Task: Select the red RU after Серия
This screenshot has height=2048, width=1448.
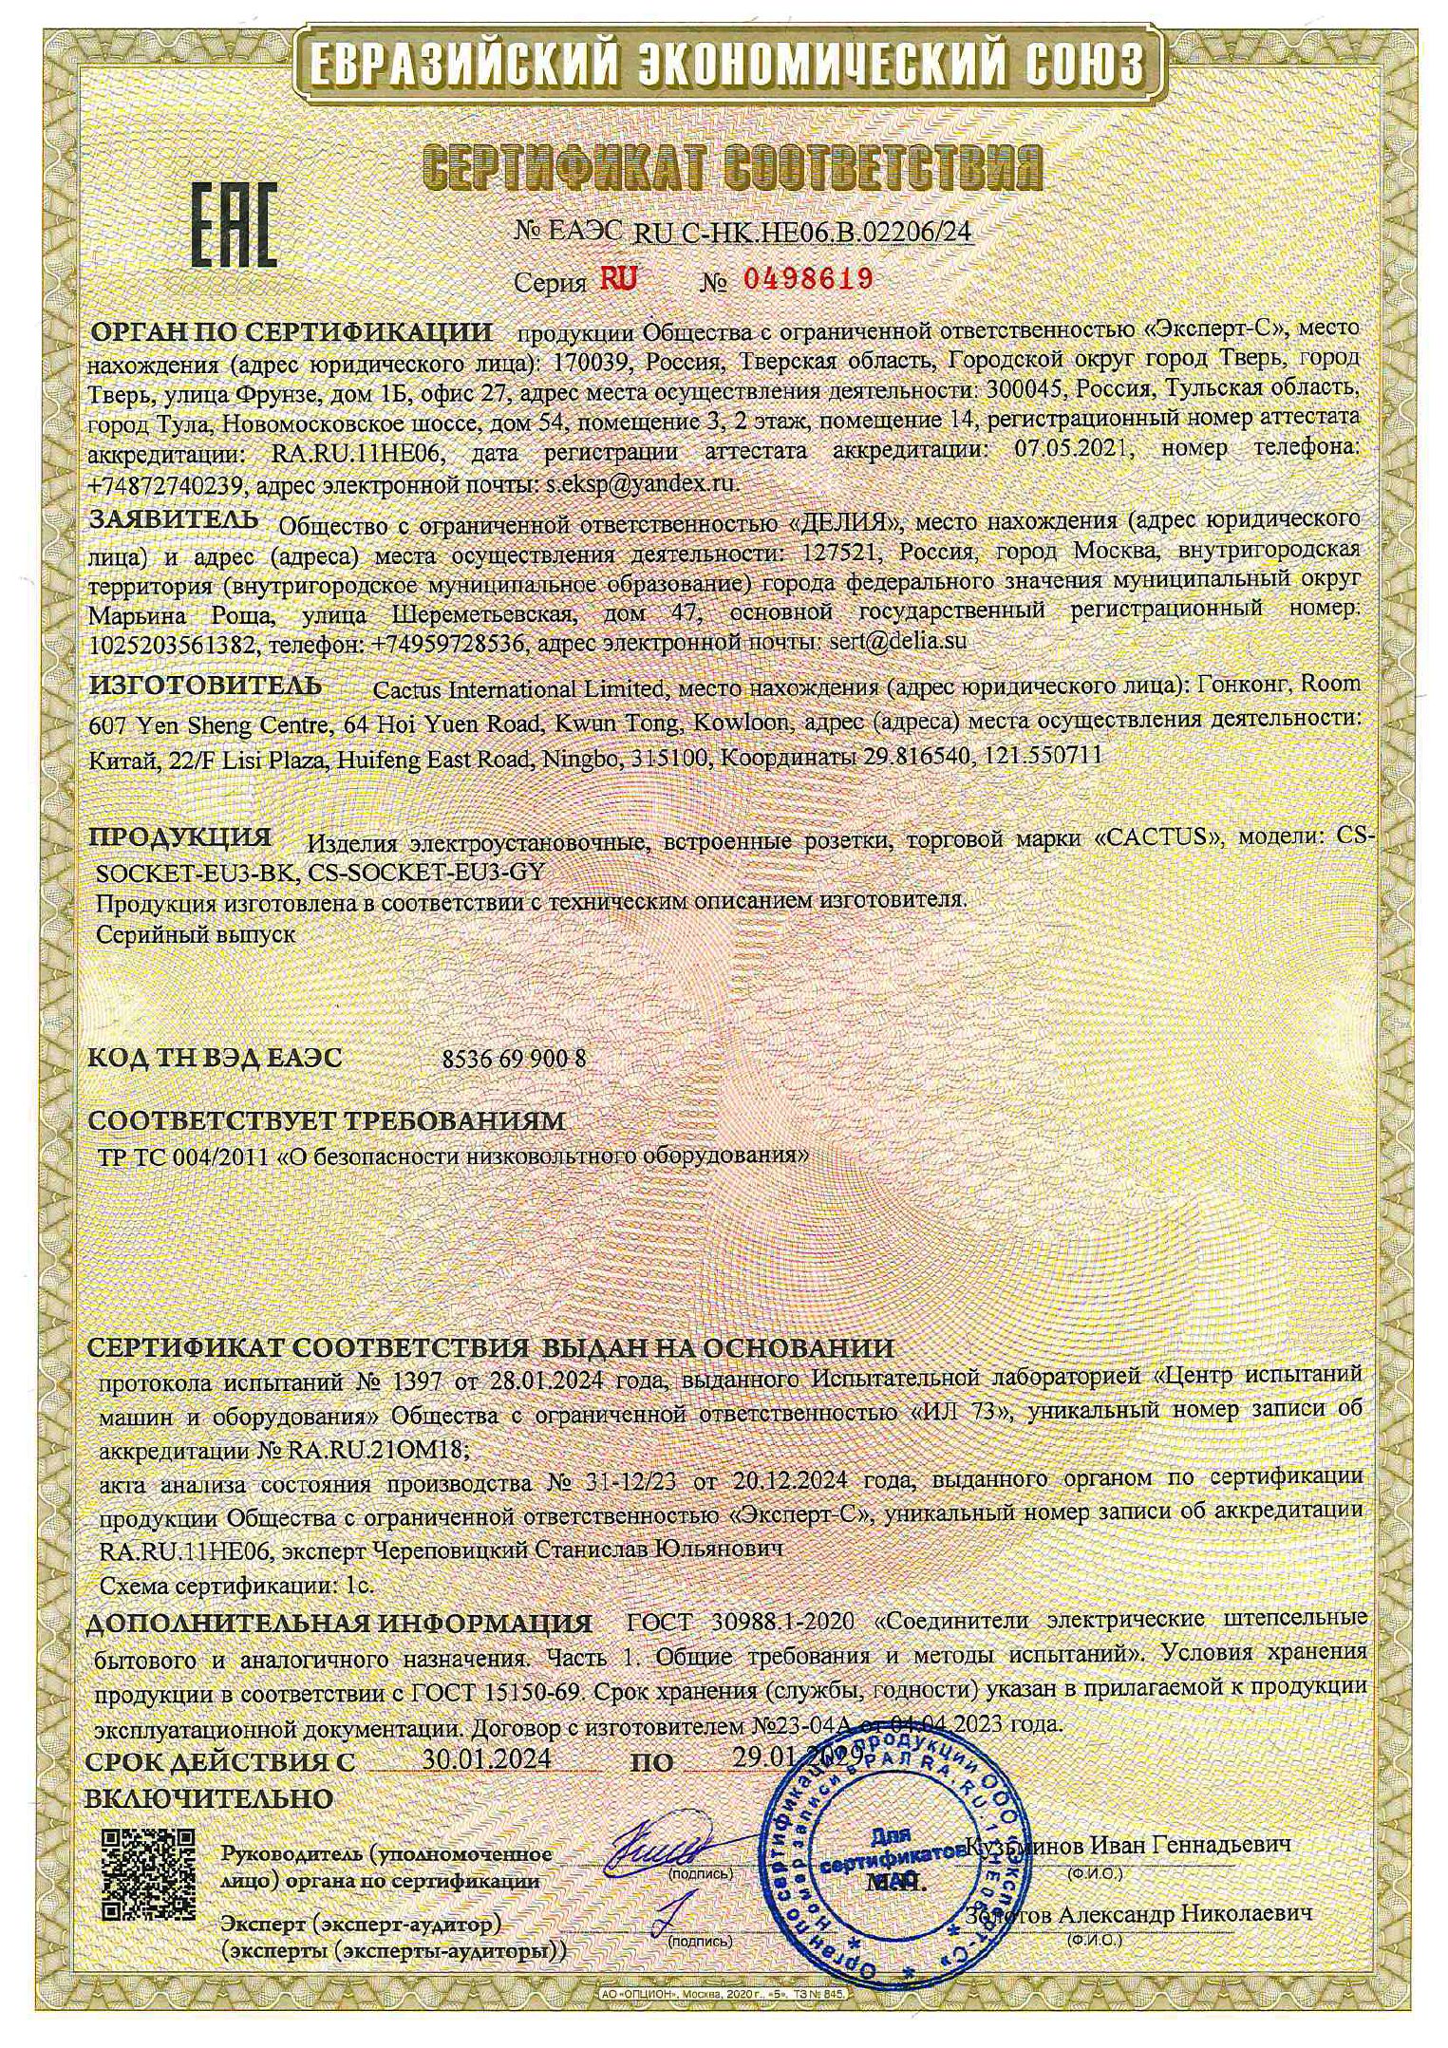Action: click(x=619, y=279)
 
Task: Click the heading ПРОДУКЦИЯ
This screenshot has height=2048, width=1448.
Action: click(x=180, y=837)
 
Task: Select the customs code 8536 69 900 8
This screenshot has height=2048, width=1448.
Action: click(x=514, y=1060)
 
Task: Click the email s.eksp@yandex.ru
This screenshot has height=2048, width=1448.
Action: click(x=642, y=483)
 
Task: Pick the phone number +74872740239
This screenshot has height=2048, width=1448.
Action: click(x=168, y=484)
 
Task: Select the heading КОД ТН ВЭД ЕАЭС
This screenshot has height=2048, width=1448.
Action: click(x=215, y=1059)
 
